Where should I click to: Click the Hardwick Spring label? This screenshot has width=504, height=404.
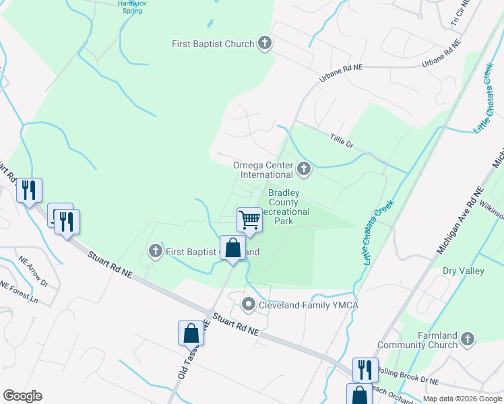[x=131, y=7]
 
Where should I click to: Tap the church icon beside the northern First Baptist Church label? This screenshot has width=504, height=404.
[x=265, y=44]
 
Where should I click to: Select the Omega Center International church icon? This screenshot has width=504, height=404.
[x=304, y=168]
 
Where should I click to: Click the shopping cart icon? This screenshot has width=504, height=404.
[x=249, y=220]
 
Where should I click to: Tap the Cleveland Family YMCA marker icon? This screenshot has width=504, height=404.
[x=249, y=305]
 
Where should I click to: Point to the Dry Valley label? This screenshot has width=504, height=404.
[x=463, y=271]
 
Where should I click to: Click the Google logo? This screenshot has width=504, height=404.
[x=22, y=396]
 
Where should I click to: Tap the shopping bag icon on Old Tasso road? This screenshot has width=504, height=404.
[x=191, y=333]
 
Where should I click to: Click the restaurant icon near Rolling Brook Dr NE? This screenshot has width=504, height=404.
[x=365, y=369]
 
